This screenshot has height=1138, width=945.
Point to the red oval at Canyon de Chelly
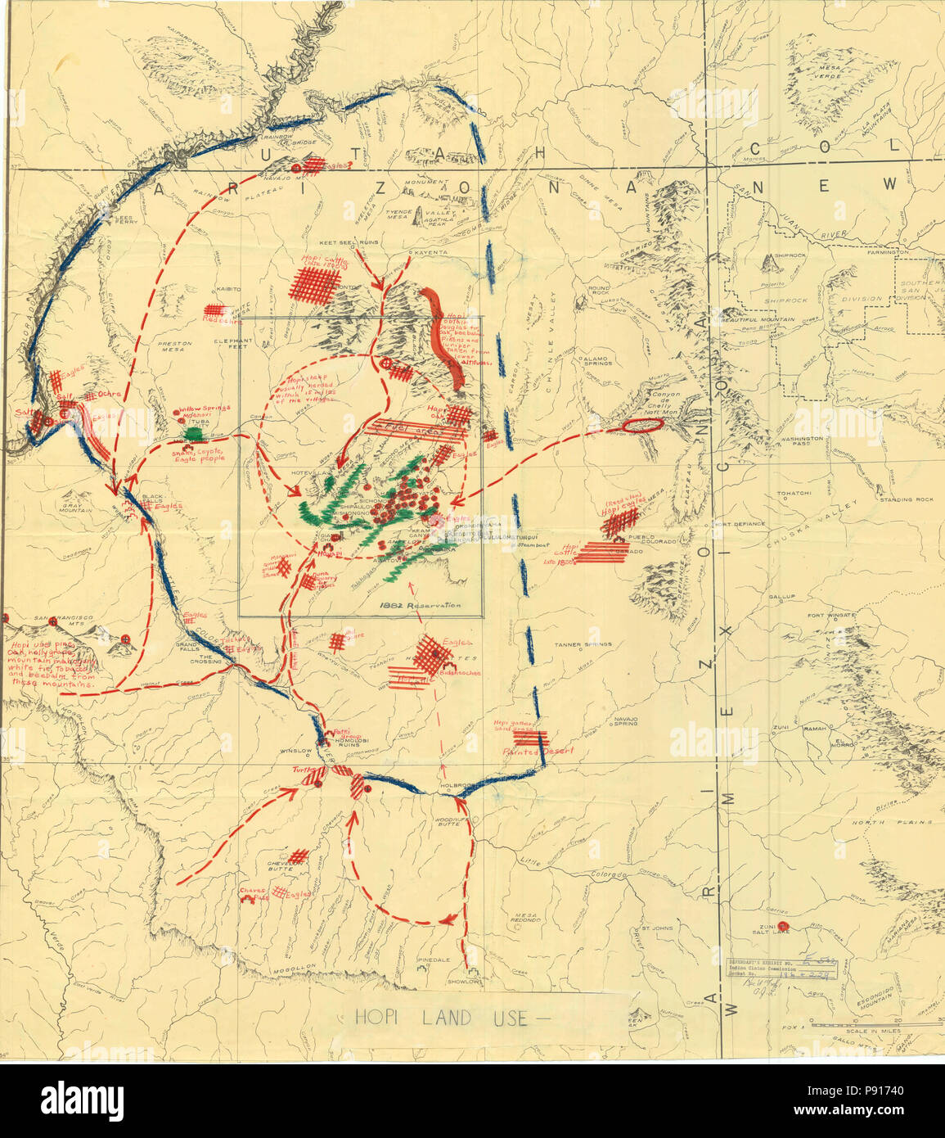[x=643, y=426]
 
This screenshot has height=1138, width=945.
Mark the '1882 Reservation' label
[x=420, y=606]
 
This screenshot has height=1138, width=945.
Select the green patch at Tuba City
[x=194, y=431]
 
